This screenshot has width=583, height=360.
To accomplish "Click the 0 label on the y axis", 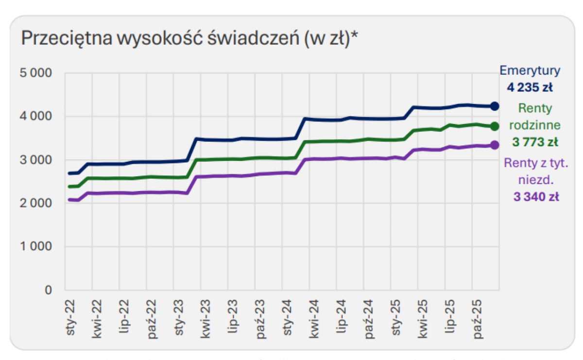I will [x=47, y=290].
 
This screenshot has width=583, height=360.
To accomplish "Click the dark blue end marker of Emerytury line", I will [x=495, y=106].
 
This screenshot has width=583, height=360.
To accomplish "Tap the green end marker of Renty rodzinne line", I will [x=495, y=126].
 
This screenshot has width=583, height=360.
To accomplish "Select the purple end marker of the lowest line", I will [x=495, y=145].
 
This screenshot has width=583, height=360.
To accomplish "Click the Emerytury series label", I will [x=530, y=71].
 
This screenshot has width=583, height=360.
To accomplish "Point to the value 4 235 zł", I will [x=530, y=88].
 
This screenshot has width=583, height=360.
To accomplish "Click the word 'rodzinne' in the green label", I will [x=535, y=125].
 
